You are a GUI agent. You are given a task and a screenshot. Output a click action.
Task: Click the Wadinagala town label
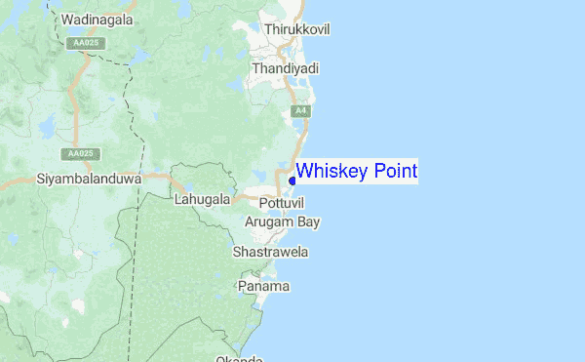tap(97, 20)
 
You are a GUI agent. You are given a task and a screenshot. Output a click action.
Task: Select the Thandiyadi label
tap(286, 69)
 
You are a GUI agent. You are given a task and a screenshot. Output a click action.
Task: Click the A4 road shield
tap(302, 112)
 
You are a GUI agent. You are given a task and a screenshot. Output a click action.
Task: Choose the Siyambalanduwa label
tap(89, 180)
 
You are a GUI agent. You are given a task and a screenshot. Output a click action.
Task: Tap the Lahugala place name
tap(201, 199)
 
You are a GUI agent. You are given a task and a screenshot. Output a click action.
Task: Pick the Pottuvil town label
tap(282, 201)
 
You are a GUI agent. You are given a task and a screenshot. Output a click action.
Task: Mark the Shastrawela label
tap(271, 253)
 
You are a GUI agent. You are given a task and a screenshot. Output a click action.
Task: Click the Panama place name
tap(264, 287)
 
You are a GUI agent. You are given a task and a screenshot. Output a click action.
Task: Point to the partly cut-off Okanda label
tap(241, 358)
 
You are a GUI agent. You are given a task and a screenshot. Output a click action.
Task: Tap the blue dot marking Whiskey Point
tap(292, 181)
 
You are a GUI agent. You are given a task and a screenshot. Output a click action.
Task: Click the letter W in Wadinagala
tap(66, 20)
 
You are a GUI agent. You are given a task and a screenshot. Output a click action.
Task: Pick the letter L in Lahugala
tap(176, 199)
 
